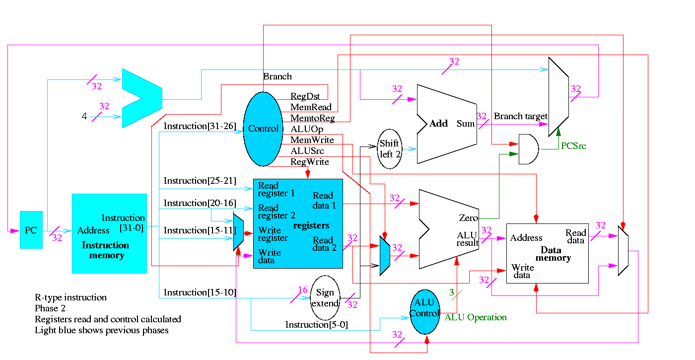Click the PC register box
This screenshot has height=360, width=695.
[x=31, y=230]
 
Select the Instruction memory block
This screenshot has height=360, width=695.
[x=109, y=233]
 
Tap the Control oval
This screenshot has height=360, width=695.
[x=263, y=129]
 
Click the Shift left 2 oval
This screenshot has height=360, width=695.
[x=389, y=148]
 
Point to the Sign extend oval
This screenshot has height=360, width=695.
[x=325, y=298]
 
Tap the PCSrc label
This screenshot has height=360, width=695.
[x=573, y=146]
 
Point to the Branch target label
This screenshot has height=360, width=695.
[x=520, y=116]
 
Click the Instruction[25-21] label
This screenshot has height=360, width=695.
[x=200, y=181]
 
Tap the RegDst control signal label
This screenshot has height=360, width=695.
[x=305, y=96]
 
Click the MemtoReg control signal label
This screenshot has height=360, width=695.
[x=312, y=118]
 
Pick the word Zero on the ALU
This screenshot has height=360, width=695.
[x=469, y=218]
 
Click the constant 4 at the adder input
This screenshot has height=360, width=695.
[x=84, y=117]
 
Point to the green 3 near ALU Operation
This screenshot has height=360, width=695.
[x=452, y=292]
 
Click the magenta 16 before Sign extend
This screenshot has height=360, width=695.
[x=303, y=290]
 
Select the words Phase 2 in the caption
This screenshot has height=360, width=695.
[x=50, y=308]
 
